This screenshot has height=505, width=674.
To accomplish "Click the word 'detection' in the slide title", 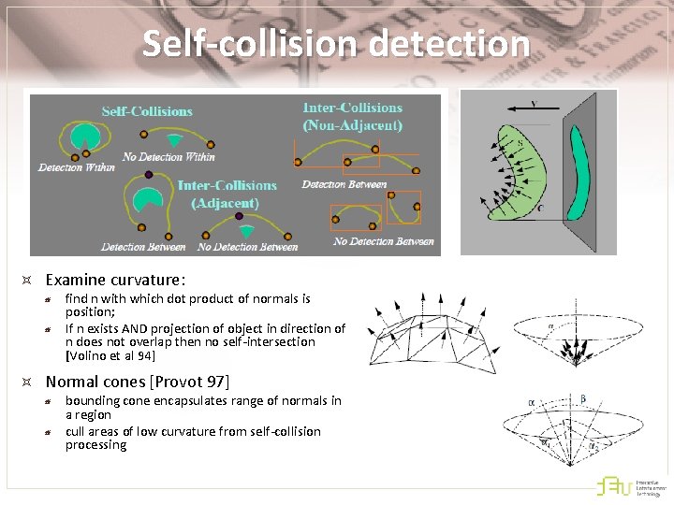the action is click(x=450, y=44).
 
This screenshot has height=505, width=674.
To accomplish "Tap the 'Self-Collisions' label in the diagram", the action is click(x=147, y=111).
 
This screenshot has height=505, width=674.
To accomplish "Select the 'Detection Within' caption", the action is click(x=77, y=167).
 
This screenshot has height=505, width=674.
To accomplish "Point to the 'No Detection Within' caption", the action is click(x=168, y=156).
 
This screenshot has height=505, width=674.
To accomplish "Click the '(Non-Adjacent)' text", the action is click(x=352, y=124).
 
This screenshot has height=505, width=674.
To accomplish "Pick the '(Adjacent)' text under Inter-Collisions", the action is click(x=225, y=202).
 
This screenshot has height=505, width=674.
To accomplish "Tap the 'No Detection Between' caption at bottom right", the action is click(x=384, y=241).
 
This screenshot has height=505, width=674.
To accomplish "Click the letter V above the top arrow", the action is click(x=533, y=105).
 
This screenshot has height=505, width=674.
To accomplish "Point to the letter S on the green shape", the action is click(x=520, y=143).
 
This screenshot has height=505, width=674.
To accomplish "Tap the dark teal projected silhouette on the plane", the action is click(x=581, y=174).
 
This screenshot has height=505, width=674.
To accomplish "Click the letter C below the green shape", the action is click(x=539, y=209).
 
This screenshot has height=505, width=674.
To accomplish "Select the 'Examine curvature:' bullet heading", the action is click(x=115, y=280).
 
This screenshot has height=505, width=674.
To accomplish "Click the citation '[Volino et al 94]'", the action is click(x=110, y=356).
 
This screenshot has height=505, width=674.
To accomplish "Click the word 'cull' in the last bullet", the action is click(x=75, y=431).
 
